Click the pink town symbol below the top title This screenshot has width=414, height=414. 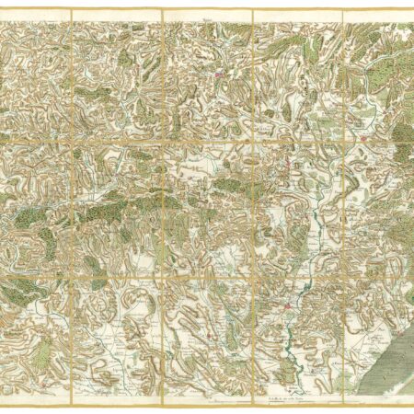click(x=220, y=77)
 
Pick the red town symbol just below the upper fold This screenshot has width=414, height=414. click(x=288, y=167)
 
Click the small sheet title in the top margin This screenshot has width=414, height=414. click(x=206, y=16)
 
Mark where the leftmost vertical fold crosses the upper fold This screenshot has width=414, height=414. click(x=72, y=141)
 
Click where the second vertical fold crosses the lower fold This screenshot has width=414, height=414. click(x=162, y=274)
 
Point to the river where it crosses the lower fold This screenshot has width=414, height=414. click(x=313, y=274)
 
